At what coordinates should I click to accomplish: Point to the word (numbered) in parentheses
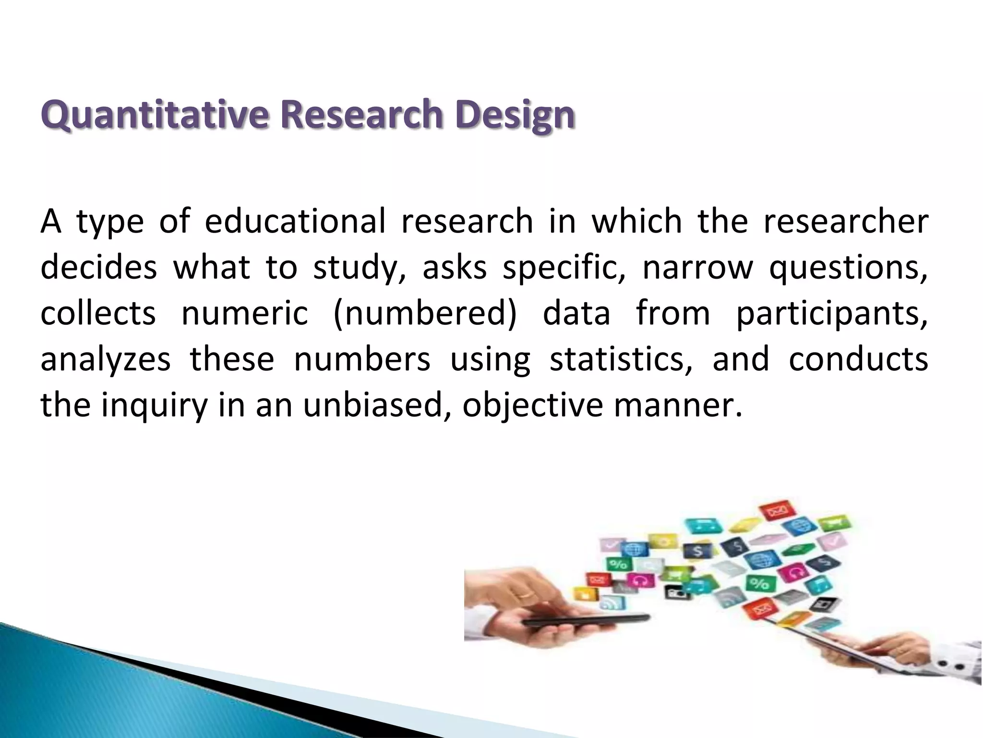[425, 313]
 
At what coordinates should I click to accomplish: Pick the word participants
[832, 313]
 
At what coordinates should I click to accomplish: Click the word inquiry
[154, 405]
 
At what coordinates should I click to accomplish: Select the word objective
[532, 405]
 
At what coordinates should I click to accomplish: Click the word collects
[98, 313]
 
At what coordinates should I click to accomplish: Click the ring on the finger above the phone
[527, 594]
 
